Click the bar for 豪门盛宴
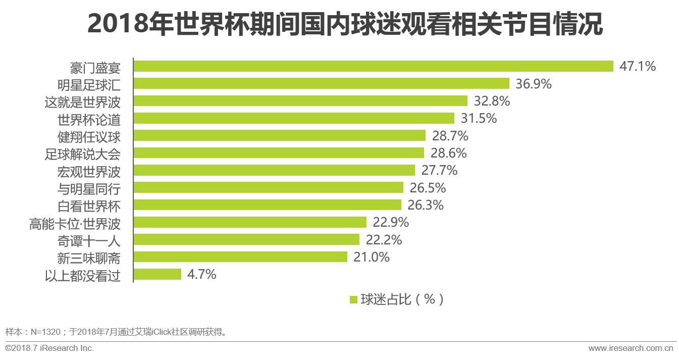click(x=373, y=66)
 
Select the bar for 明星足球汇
click(x=321, y=83)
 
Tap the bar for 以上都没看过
click(x=157, y=274)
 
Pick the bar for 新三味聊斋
click(x=240, y=257)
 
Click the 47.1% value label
click(x=637, y=66)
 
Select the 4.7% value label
click(x=202, y=274)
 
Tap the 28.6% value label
click(x=448, y=153)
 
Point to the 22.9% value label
click(x=391, y=222)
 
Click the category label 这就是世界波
click(x=82, y=101)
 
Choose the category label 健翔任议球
click(x=89, y=136)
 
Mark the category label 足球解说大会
click(x=82, y=153)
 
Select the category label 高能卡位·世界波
click(x=75, y=223)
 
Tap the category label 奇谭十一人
click(x=89, y=240)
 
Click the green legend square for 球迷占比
click(x=353, y=299)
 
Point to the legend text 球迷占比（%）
click(x=402, y=299)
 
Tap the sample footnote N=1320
click(x=116, y=332)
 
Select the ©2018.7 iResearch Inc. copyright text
click(x=49, y=348)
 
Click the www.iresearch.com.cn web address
click(x=631, y=348)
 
